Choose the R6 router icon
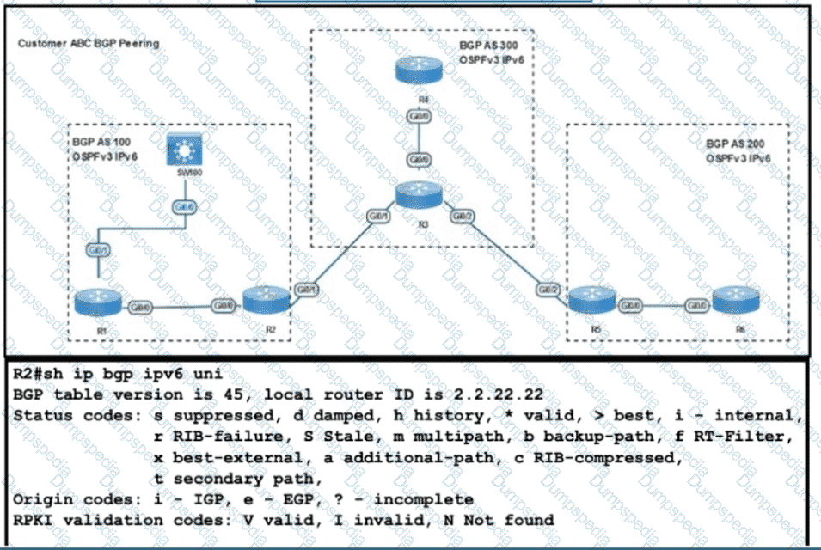click(x=738, y=302)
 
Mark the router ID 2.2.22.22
click(x=501, y=395)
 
